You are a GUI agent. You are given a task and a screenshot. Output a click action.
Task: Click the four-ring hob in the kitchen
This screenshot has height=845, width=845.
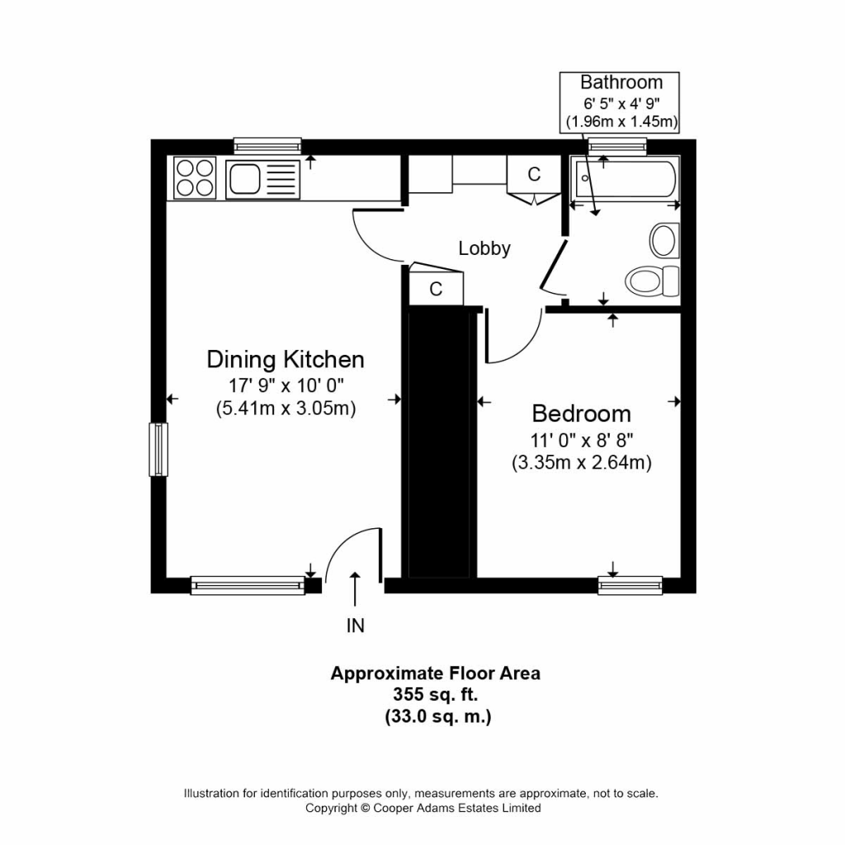[195, 178]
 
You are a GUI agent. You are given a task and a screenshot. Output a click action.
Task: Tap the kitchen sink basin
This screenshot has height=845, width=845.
[244, 179]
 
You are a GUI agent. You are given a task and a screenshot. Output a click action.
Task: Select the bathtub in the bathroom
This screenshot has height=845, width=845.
[625, 178]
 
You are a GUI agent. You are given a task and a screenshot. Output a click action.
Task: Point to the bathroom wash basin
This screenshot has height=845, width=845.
[664, 240]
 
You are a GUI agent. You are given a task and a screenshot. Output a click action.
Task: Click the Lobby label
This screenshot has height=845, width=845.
[484, 248]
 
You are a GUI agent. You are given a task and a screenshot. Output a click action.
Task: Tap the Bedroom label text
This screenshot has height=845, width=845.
[582, 413]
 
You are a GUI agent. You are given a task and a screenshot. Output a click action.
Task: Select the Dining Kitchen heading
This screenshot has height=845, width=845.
[286, 360]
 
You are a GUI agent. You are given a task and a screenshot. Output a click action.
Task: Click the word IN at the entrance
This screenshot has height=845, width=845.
[355, 625]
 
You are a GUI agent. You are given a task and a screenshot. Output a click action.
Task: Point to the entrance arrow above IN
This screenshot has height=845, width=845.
[355, 589]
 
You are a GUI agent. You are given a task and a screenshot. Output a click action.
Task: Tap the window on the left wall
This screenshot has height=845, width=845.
[158, 450]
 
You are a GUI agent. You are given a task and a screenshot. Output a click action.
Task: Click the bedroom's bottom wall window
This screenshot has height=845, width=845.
[630, 585]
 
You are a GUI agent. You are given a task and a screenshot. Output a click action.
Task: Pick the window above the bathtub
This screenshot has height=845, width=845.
[617, 146]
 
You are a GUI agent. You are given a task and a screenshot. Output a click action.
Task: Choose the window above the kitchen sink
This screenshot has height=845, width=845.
[267, 146]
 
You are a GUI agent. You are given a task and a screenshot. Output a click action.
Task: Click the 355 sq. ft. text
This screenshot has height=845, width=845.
[436, 695]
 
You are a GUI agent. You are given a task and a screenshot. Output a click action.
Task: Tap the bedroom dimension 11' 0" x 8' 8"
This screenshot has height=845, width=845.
[582, 441]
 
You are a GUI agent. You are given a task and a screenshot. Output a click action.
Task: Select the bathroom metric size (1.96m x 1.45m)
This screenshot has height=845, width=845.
[621, 121]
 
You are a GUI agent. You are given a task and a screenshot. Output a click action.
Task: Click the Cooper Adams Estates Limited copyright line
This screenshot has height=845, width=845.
[423, 808]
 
